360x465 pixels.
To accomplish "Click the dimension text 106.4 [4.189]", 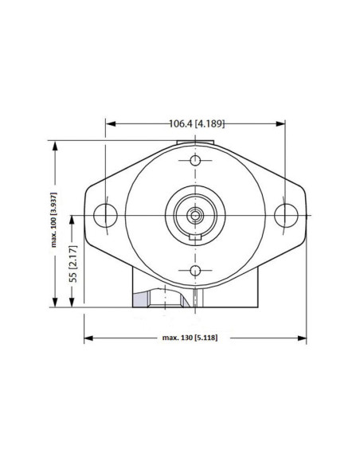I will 196,123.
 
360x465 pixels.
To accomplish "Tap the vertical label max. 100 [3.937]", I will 55,224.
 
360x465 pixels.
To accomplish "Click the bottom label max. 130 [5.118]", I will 190,338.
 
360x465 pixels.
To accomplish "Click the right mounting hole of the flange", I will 285,214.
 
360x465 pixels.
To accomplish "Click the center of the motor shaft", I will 196,214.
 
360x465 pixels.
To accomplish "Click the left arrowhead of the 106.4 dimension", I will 110,123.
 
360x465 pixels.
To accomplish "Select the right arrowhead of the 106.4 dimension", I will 281,123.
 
